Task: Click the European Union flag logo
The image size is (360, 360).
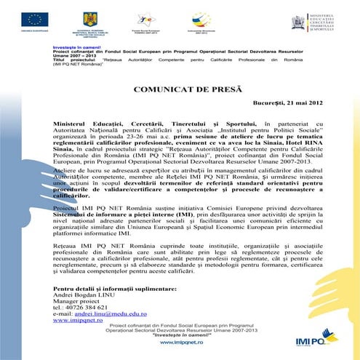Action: point(33,20)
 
